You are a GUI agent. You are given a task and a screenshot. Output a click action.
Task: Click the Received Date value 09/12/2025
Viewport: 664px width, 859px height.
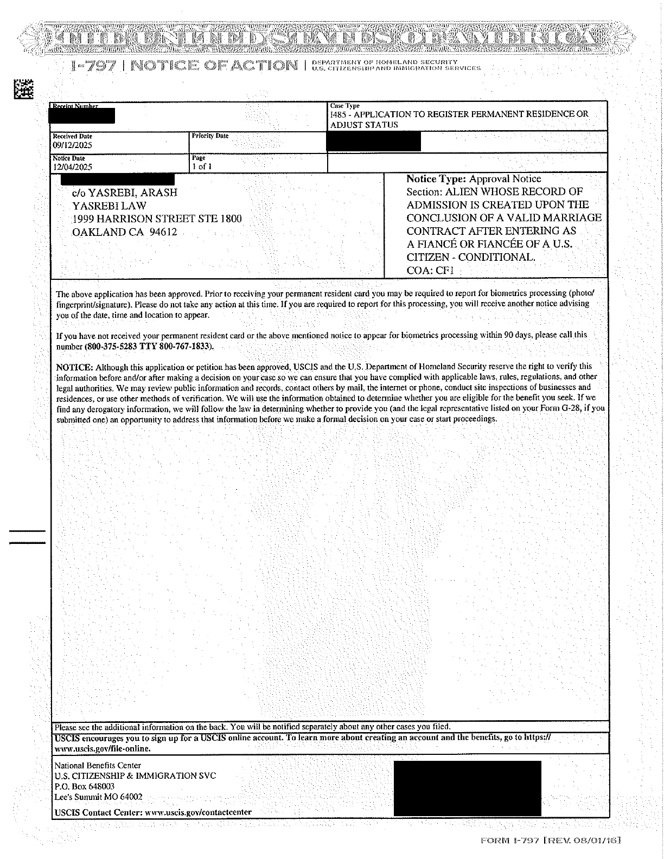[72, 145]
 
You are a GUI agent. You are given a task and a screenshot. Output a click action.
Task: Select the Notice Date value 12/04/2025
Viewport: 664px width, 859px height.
[72, 167]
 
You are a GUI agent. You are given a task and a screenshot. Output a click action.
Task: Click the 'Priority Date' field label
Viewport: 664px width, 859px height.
[210, 136]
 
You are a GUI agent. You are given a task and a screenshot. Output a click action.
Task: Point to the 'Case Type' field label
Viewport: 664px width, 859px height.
[344, 106]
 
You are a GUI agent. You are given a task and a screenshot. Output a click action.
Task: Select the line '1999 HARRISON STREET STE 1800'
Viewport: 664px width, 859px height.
[157, 219]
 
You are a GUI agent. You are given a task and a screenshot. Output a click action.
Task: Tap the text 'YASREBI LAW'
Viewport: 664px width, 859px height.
[109, 206]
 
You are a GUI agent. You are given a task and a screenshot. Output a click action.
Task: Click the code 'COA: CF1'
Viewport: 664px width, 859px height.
[430, 270]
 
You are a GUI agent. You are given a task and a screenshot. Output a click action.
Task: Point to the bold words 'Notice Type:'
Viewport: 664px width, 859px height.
[436, 178]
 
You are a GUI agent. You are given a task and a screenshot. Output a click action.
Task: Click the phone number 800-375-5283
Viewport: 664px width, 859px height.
[111, 346]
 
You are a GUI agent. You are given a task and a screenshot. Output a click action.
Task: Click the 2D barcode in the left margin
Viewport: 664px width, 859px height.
[23, 88]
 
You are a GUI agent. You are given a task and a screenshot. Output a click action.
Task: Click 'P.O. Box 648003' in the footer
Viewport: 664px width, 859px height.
[84, 786]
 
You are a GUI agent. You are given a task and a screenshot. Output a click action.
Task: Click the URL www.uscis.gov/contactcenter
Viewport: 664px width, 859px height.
[199, 812]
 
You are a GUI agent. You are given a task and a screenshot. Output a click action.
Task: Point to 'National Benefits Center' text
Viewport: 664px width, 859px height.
[98, 765]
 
